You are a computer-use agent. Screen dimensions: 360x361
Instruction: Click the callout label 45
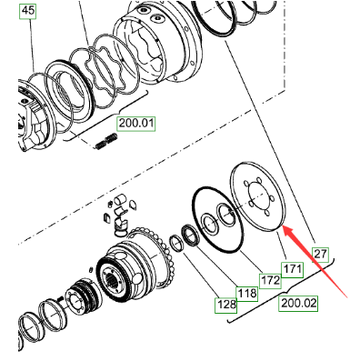pos(28,11)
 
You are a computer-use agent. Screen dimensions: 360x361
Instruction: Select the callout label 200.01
pos(136,124)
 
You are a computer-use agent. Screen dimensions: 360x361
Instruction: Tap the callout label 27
pos(320,254)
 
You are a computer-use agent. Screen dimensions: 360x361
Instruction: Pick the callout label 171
pos(292,269)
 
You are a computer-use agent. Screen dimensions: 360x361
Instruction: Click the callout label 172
pos(270,281)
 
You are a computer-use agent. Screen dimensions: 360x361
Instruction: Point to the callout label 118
pos(247,294)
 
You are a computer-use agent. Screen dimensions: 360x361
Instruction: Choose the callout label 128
pos(226,305)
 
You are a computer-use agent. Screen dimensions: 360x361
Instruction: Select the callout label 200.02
pos(298,303)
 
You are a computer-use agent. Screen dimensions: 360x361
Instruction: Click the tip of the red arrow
pos(283,226)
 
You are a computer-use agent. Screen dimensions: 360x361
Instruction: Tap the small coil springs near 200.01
pos(106,141)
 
